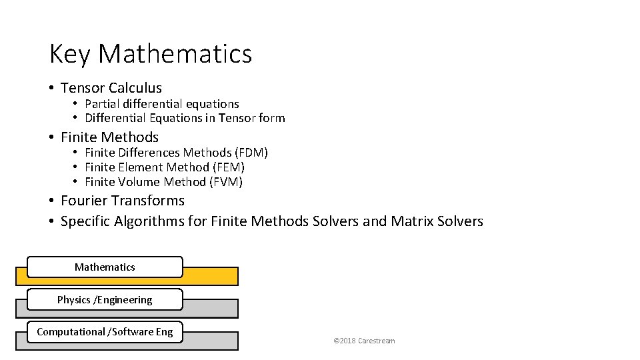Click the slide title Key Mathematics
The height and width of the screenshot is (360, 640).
point(151,54)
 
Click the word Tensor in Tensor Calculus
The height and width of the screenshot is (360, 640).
point(82,88)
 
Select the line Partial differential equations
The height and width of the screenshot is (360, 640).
point(162,104)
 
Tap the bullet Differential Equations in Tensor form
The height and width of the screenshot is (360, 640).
point(185,119)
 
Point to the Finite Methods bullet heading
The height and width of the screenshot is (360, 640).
point(109,137)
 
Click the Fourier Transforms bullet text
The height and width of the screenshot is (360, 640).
point(123,201)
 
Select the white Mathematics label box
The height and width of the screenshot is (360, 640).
point(105,267)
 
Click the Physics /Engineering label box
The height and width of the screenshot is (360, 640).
point(105,299)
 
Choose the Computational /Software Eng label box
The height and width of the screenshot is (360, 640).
point(105,331)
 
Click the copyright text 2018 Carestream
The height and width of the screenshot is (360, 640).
point(364,341)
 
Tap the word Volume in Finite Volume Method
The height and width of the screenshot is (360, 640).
point(140,182)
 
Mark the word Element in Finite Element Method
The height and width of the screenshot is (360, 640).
point(141,167)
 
